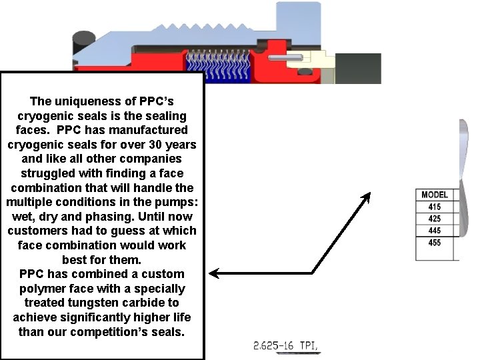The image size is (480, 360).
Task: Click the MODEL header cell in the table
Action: [x=435, y=195]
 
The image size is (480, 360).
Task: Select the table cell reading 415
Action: [x=435, y=207]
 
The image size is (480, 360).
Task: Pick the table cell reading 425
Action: [x=435, y=219]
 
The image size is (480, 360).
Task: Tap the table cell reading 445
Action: [x=435, y=231]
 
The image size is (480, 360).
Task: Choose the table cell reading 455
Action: [x=435, y=248]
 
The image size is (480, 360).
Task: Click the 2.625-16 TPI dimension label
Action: [x=285, y=345]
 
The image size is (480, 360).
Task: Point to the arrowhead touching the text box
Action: [x=214, y=273]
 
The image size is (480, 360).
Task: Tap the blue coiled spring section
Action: [x=218, y=67]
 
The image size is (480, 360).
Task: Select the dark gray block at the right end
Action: [x=358, y=68]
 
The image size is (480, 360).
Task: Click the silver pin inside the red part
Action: [x=285, y=57]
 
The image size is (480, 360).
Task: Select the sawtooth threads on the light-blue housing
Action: [x=203, y=27]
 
